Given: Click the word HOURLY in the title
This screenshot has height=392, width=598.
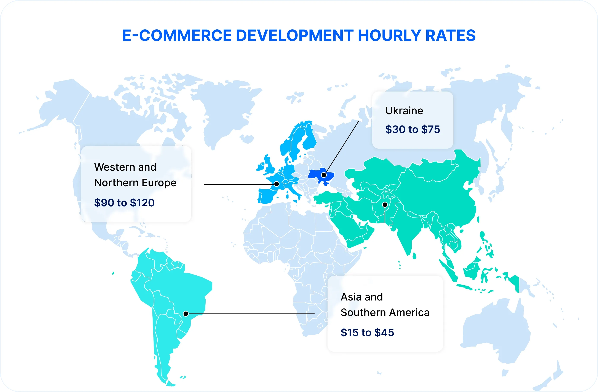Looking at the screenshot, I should pos(389,35).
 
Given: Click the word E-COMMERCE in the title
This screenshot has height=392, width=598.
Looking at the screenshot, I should pos(177,35).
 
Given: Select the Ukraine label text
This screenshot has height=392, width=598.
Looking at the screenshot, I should pos(404,111).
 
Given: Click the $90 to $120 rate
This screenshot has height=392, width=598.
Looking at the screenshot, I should pos(124,203).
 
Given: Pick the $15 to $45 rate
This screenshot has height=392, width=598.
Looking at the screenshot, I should pos(367,333).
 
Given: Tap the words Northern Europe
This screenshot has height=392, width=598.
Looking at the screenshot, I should pos(135,183).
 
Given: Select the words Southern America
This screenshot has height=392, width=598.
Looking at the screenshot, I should pos(385,313).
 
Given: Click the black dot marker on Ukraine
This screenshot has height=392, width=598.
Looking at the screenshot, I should pos(324,175).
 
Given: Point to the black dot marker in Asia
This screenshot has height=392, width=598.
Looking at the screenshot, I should pos(385,205).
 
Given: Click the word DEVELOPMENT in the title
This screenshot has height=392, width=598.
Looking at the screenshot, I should pos(294,35).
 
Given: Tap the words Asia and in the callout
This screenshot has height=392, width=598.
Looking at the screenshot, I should pos(361,297).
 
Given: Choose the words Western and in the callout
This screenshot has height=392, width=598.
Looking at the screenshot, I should pos(125,167).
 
